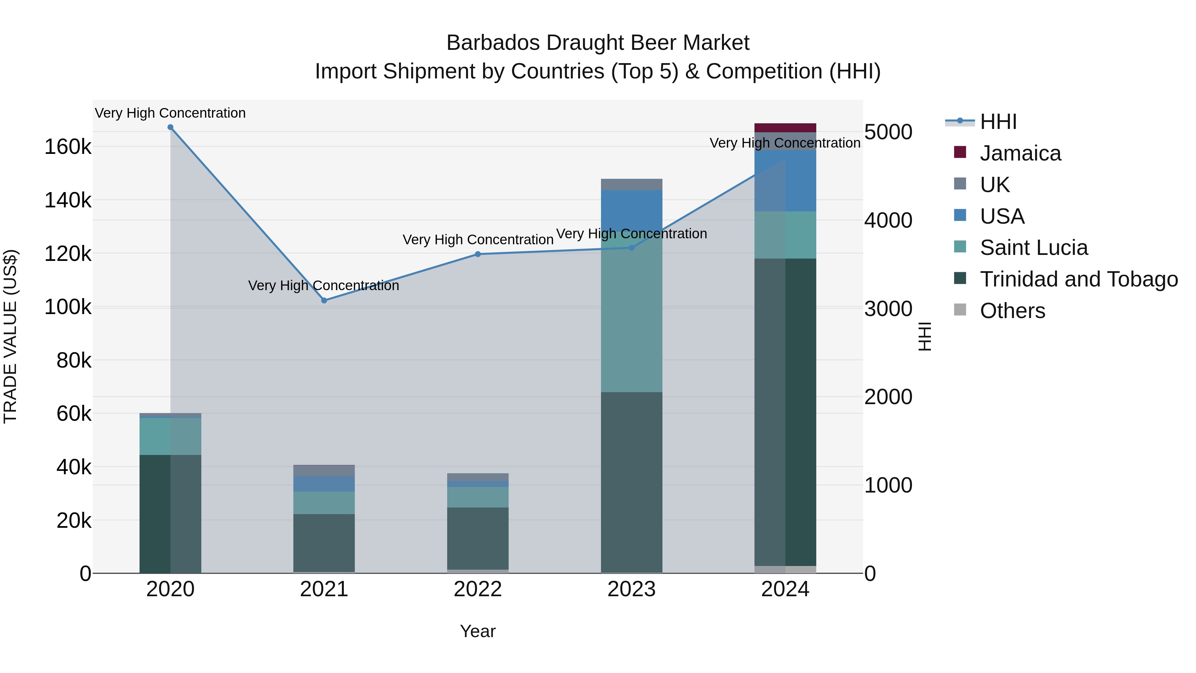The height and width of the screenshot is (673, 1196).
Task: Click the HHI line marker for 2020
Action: click(170, 127)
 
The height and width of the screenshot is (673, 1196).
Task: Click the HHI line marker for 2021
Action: click(324, 300)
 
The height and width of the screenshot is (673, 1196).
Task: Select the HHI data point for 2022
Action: click(478, 254)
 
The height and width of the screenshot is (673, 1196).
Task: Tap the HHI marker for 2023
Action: click(632, 248)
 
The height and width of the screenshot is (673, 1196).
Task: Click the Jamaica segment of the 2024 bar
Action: click(785, 128)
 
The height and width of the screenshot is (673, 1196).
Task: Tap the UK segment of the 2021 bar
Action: click(324, 471)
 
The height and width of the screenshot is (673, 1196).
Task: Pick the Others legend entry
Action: click(1012, 311)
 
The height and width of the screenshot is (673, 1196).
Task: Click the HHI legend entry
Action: click(998, 122)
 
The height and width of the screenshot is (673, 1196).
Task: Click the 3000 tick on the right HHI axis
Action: click(888, 309)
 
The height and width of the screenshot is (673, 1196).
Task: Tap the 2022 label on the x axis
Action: click(478, 589)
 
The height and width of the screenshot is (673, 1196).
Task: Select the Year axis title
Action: click(478, 631)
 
